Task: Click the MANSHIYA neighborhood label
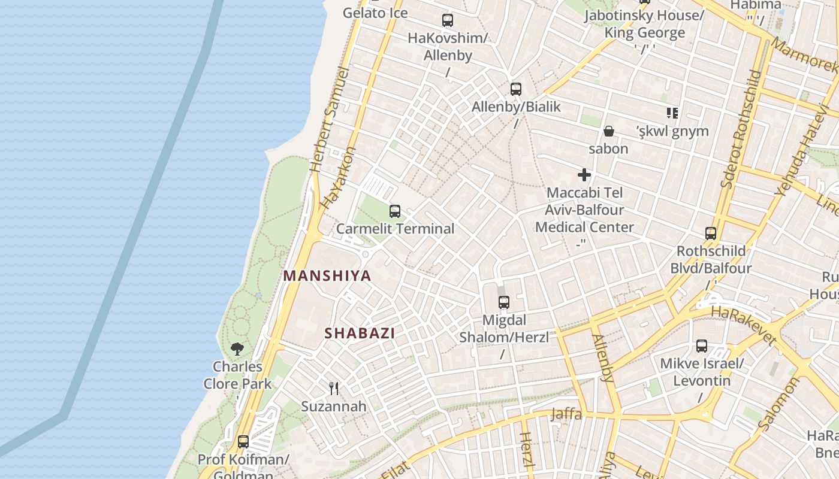[x=327, y=276]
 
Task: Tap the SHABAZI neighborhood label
[x=360, y=334]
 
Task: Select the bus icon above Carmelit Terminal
[x=395, y=211]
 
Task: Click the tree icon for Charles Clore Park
[x=237, y=348]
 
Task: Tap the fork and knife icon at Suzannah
[x=334, y=389]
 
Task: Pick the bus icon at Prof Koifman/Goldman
[x=243, y=442]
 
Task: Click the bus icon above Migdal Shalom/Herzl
[x=504, y=302]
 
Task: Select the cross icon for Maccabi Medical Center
[x=584, y=175]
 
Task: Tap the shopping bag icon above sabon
[x=609, y=131]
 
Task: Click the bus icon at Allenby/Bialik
[x=516, y=89]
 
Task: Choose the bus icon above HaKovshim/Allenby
[x=448, y=20]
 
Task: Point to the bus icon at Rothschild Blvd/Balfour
[x=711, y=234]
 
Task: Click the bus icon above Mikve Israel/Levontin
[x=702, y=345]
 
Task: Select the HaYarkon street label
[x=337, y=178]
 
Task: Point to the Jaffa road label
[x=566, y=414]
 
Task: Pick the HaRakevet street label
[x=743, y=326]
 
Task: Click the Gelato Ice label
[x=375, y=13]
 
